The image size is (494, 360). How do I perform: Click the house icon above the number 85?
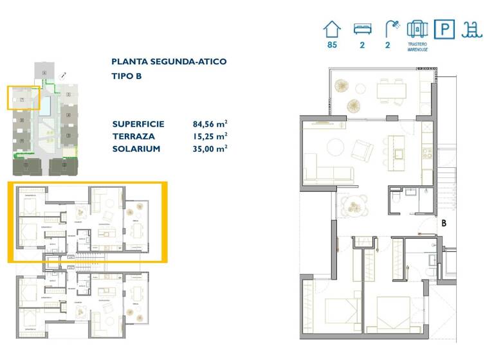pos(332,29)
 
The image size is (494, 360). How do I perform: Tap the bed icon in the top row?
pos(362,29)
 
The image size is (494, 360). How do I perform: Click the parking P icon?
pos(444,30)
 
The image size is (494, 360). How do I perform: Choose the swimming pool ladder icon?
pos(474,30)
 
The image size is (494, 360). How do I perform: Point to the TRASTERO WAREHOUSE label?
pos(417,47)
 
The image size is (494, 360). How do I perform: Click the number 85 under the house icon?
pos(332,46)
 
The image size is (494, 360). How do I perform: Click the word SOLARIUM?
pos(136,148)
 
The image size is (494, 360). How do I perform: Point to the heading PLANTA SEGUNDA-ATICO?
pos(169,62)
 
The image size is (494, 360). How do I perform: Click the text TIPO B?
pos(126,76)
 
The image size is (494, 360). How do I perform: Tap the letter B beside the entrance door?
pos(444,223)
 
